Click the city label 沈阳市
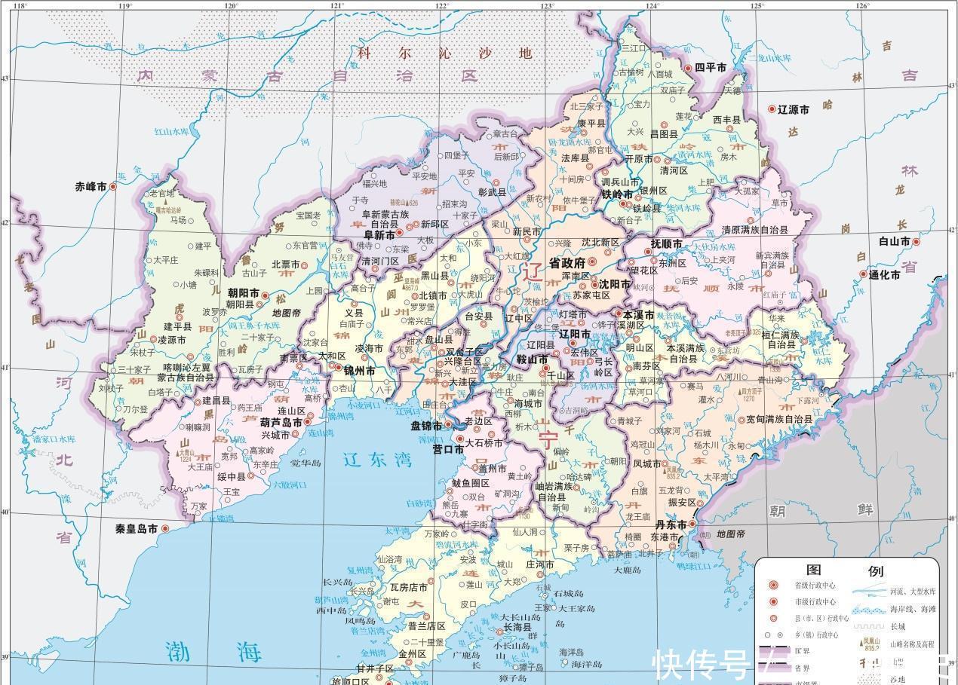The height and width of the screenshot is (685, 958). click(615, 284)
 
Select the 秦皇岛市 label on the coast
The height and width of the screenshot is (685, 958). click(136, 529)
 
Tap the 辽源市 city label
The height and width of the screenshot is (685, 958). click(794, 109)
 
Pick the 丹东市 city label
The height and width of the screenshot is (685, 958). click(670, 524)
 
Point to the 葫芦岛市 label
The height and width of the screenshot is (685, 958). click(281, 424)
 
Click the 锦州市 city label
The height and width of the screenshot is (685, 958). click(359, 371)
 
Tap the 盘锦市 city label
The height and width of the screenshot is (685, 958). click(425, 426)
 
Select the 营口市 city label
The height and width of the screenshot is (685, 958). click(447, 449)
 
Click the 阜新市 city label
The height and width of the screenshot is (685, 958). click(376, 235)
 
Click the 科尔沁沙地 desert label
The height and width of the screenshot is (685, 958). click(444, 54)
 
